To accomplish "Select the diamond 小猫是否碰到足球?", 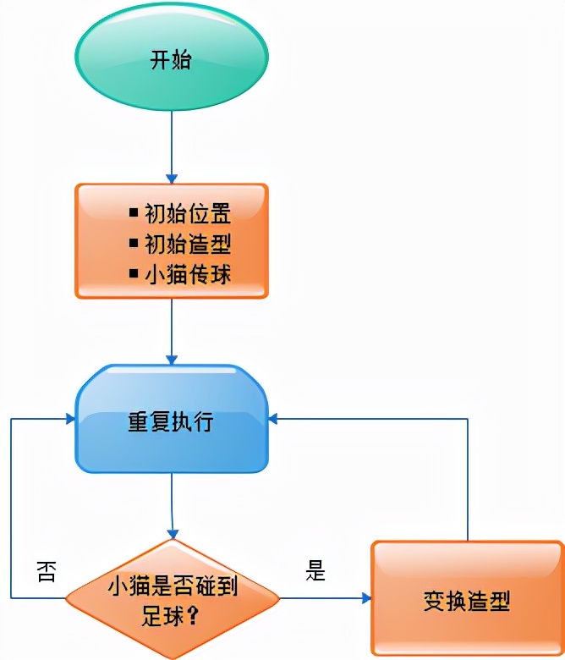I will (x=172, y=598).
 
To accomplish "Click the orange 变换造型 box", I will (x=466, y=599).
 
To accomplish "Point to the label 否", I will (x=47, y=572).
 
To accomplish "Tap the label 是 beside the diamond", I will (x=315, y=571).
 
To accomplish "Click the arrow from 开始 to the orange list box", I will (x=172, y=144).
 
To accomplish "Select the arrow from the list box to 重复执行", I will (x=172, y=330).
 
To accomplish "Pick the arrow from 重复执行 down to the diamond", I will (x=173, y=503).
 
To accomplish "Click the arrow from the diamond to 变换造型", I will (x=326, y=598).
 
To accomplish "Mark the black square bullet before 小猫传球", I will (x=134, y=273).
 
